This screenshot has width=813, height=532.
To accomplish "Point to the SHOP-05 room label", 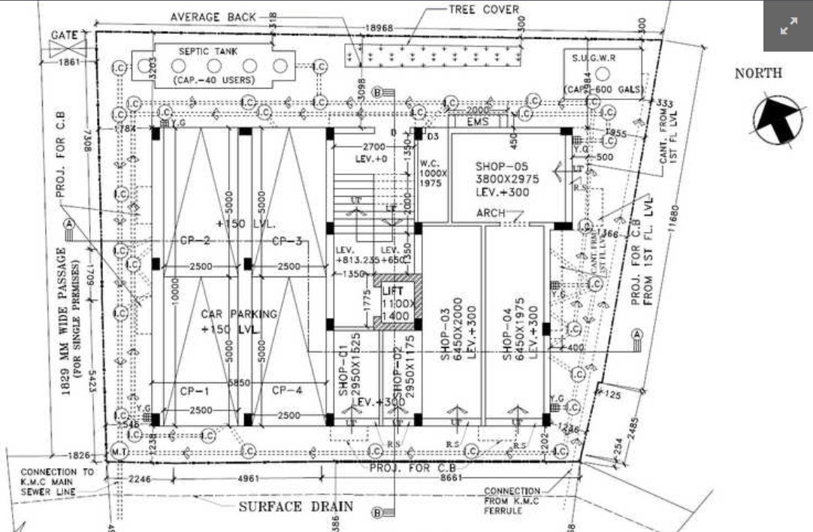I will pos(503,165).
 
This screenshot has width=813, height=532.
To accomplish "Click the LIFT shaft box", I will pos(396,303).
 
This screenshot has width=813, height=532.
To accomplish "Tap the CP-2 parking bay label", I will pos(194,240).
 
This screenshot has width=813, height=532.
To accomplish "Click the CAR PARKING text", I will pos(239,314).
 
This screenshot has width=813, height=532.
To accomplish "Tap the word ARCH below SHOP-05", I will pos(491,214).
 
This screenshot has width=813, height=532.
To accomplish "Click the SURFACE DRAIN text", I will pos(296,506).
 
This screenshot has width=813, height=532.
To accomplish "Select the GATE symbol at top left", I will pos(68,48).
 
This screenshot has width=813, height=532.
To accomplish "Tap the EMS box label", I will pos(478,121).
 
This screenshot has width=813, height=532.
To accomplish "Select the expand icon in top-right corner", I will pos(788,26).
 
